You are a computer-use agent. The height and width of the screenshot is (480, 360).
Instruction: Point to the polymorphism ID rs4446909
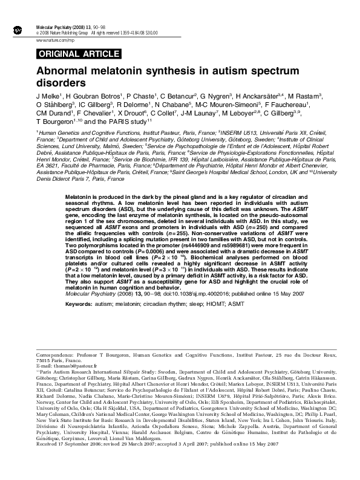[211, 230]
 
